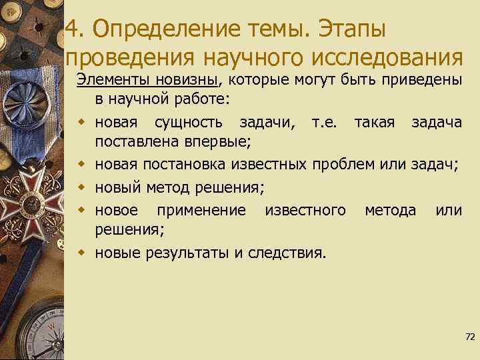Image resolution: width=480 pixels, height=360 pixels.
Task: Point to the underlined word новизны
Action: pos(187,80)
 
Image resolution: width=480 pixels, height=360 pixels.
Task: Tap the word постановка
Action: pos(168,165)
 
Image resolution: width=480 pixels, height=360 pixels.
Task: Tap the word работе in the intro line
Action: pos(200,99)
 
